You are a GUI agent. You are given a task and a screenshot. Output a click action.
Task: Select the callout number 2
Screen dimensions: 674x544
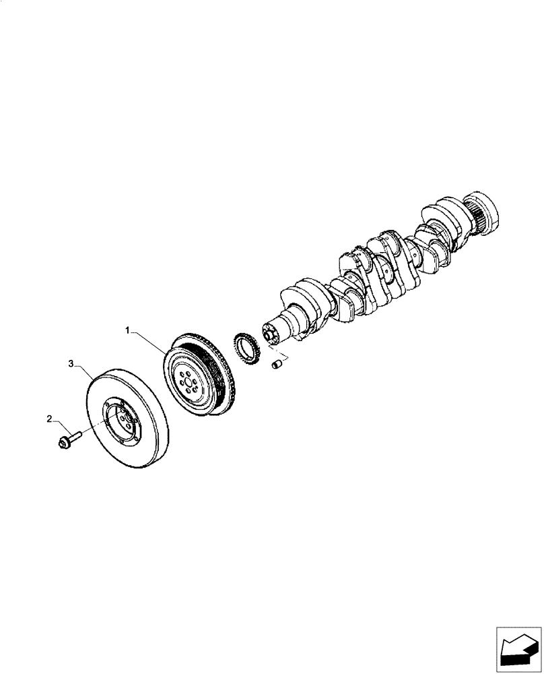49,419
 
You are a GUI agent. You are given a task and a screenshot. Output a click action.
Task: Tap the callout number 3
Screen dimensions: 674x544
71,364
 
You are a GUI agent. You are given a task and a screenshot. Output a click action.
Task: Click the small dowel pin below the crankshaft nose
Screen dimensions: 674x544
275,365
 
